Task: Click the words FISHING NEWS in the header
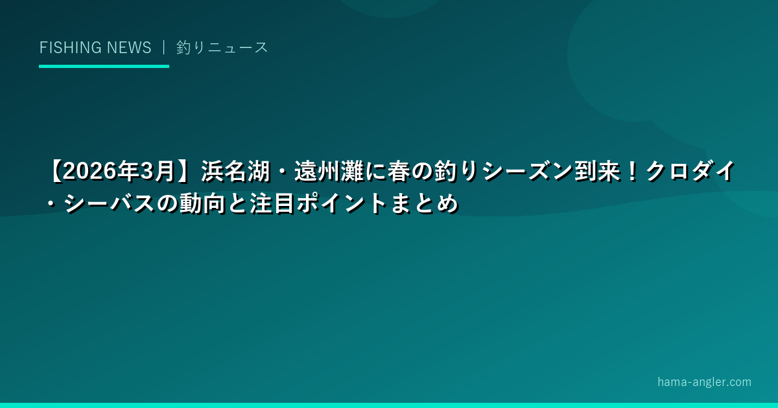pyautogui.click(x=95, y=47)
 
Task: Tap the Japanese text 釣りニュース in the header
pyautogui.click(x=222, y=47)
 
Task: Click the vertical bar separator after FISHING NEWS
pyautogui.click(x=163, y=47)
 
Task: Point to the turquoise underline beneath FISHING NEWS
pyautogui.click(x=104, y=66)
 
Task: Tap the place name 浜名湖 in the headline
pyautogui.click(x=236, y=172)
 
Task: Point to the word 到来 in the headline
pyautogui.click(x=597, y=172)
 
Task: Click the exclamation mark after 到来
pyautogui.click(x=633, y=172)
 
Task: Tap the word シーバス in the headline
pyautogui.click(x=109, y=203)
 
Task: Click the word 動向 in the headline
pyautogui.click(x=202, y=203)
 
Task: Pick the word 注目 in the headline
pyautogui.click(x=272, y=203)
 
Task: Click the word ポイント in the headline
pyautogui.click(x=342, y=203)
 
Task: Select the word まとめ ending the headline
pyautogui.click(x=424, y=203)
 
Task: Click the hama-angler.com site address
pyautogui.click(x=704, y=382)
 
